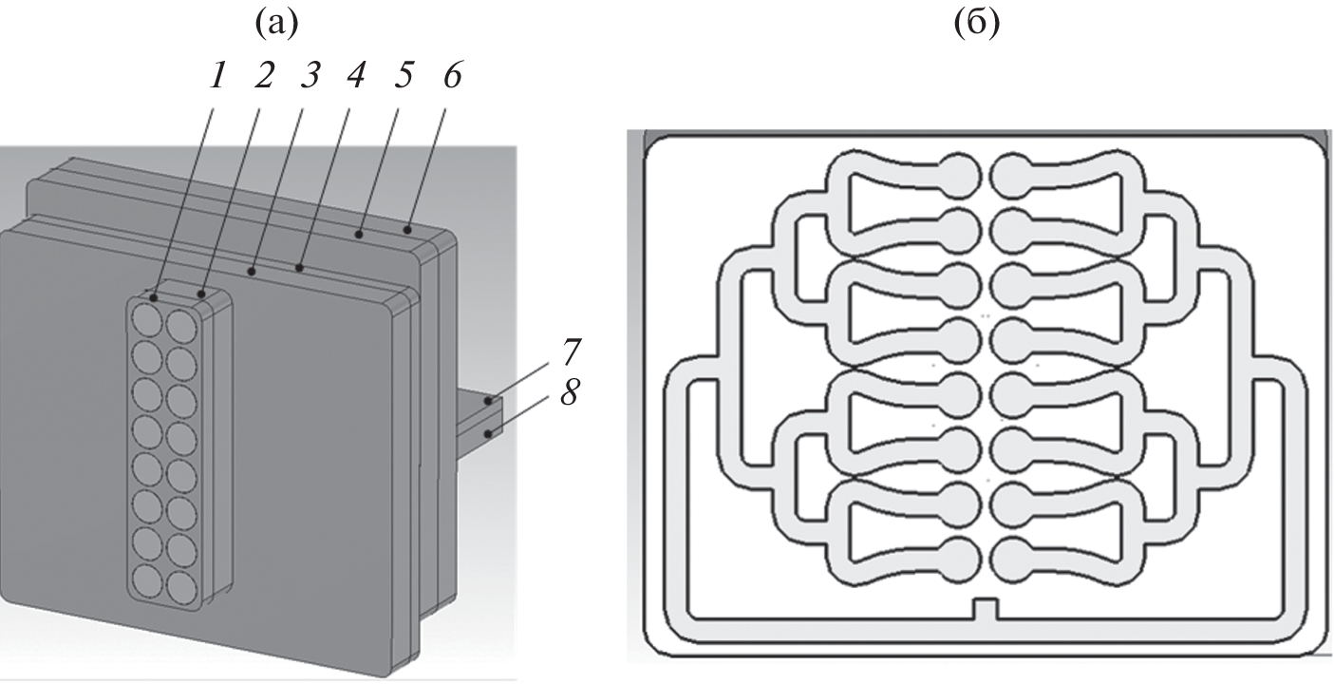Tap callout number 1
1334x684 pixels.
click(218, 77)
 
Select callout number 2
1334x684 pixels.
click(264, 77)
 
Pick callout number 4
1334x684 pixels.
click(358, 77)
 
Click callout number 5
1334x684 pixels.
click(404, 77)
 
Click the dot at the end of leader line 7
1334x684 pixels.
click(488, 402)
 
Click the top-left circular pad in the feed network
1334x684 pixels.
click(961, 174)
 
